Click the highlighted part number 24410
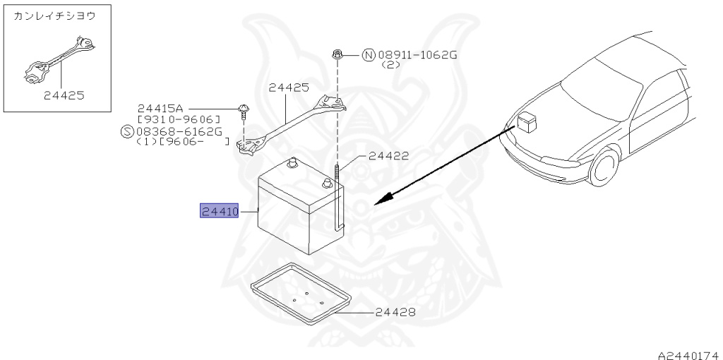pyautogui.click(x=220, y=211)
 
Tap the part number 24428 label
pyautogui.click(x=395, y=312)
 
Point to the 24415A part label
pyautogui.click(x=160, y=108)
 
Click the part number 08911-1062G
pyautogui.click(x=418, y=54)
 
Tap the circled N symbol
pyautogui.click(x=368, y=54)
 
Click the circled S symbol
pyautogui.click(x=126, y=131)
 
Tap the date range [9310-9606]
pyautogui.click(x=179, y=119)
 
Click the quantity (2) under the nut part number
pyautogui.click(x=391, y=64)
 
